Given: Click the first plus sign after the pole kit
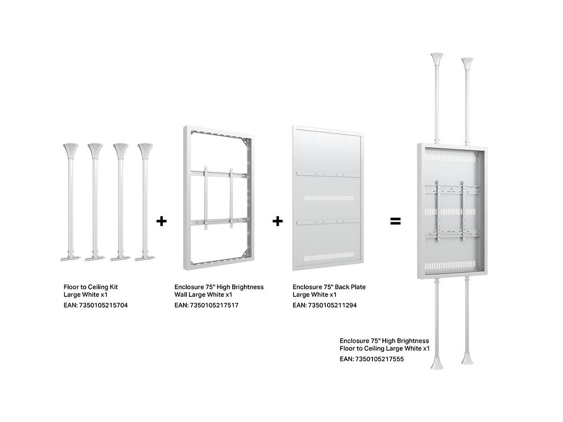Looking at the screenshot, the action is pos(161,221).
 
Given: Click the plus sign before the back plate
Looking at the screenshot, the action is pos(278,221).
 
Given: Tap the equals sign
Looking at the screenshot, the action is pos(395,221).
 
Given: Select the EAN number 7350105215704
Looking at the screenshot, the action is pos(103,305).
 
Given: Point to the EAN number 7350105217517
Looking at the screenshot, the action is pos(214,305).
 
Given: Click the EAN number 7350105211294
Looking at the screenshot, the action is pos(332,305).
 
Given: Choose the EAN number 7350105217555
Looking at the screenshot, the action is pos(380,359).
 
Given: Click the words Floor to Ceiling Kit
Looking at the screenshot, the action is pos(91,287).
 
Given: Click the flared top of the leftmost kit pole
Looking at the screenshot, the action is pos(71,151).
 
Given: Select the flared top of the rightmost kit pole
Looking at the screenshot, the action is pos(145,151).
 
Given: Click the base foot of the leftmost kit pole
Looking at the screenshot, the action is pos(70,259).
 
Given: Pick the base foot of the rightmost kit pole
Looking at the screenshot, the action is pos(145,259).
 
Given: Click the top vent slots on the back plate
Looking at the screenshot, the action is pos(328,139).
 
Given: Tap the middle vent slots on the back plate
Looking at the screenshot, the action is pos(328,198).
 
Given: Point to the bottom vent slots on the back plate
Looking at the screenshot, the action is pos(328,256).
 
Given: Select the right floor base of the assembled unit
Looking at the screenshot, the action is pos(467,359).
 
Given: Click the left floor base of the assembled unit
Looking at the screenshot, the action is pos(437,362).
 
